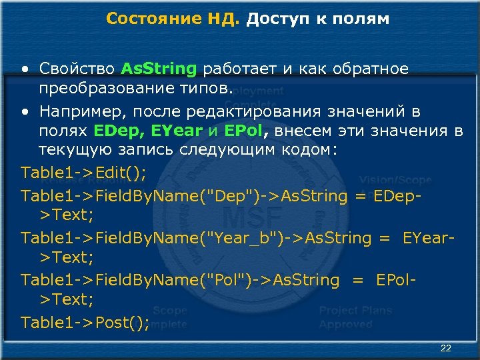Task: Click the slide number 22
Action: point(446,349)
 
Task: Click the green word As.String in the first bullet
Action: point(159,69)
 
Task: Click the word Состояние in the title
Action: point(149,19)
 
